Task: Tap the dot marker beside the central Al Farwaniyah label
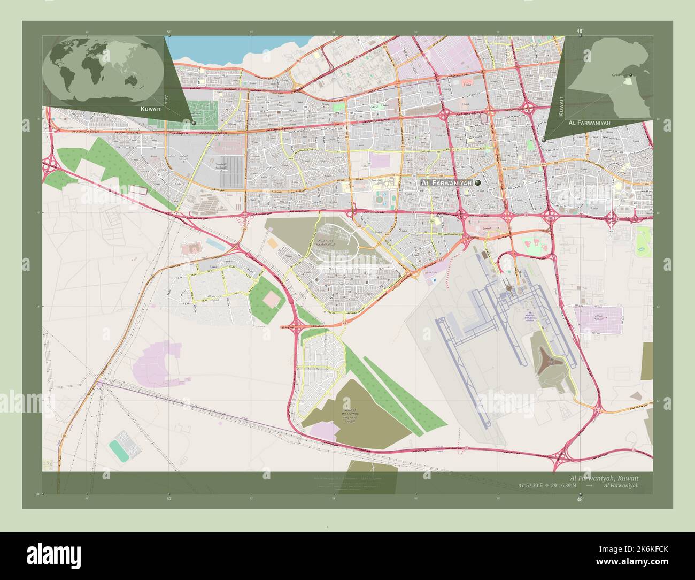click(x=477, y=182)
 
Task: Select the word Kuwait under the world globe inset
click(x=150, y=109)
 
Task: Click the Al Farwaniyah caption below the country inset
click(x=590, y=123)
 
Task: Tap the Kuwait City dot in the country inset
click(x=630, y=75)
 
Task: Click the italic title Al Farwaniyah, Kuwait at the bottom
click(x=604, y=478)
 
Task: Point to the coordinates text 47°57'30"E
click(x=535, y=486)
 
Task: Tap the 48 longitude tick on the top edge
click(x=580, y=32)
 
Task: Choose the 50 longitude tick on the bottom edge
click(x=169, y=498)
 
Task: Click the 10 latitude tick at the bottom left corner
click(x=37, y=494)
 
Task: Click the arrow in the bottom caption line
click(x=589, y=486)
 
